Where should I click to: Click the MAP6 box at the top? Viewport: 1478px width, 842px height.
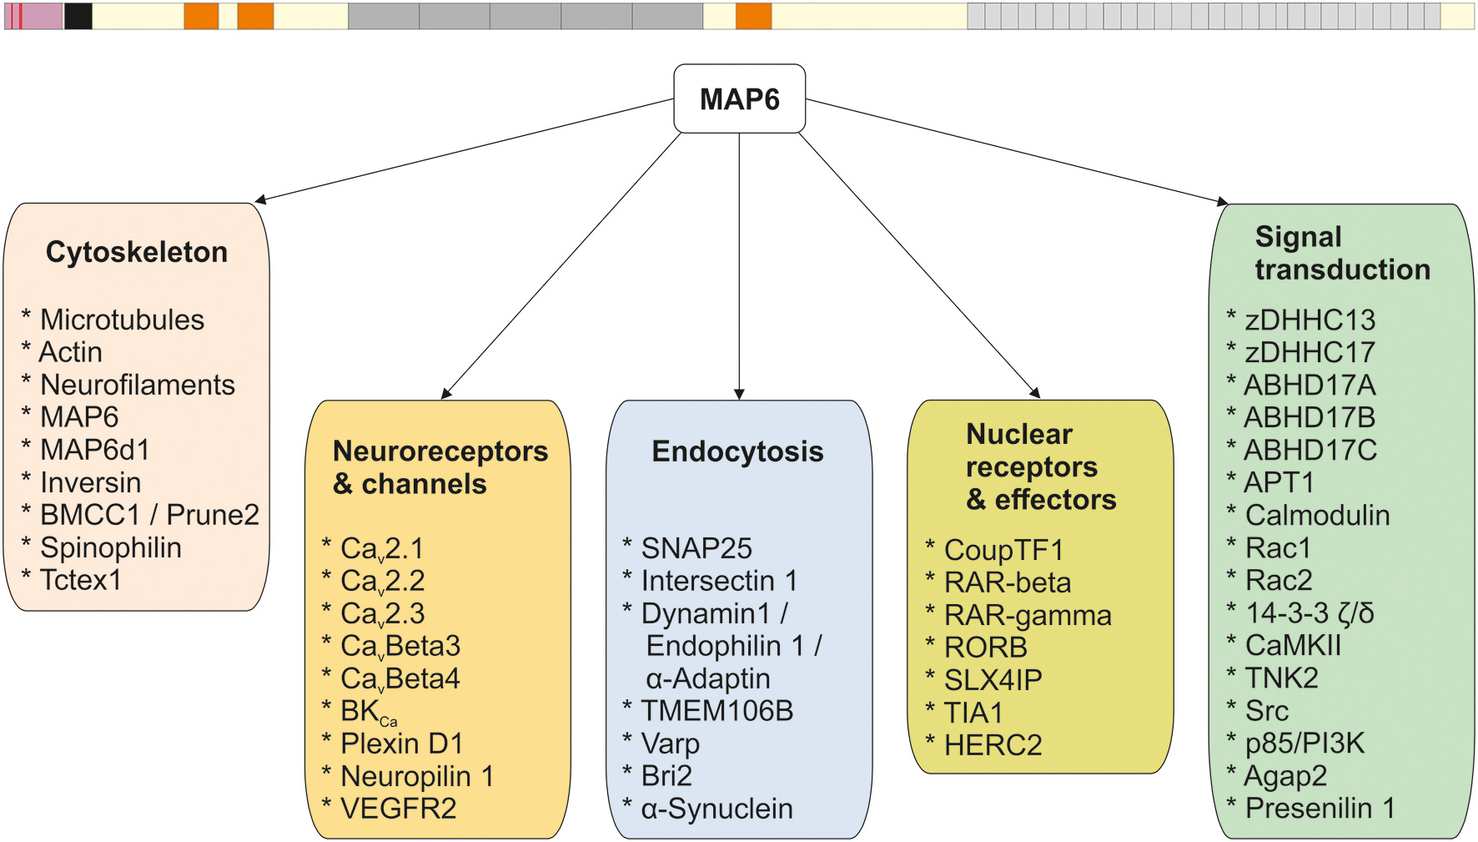tap(739, 99)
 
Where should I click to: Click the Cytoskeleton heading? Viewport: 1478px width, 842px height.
tap(137, 252)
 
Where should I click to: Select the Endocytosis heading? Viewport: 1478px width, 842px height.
tap(737, 451)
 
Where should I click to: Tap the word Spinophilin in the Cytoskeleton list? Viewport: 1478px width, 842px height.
tap(110, 547)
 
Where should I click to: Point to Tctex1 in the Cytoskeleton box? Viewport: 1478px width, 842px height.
tap(81, 580)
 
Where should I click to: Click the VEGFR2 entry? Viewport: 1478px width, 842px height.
tap(398, 809)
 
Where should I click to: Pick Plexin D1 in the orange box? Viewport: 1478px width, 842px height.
tap(401, 744)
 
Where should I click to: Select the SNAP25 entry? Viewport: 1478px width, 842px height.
tap(696, 548)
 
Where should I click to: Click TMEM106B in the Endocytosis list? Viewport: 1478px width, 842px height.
tap(716, 711)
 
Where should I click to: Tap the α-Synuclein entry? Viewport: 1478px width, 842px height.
tap(716, 809)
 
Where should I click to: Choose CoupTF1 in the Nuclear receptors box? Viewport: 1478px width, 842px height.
tap(1003, 550)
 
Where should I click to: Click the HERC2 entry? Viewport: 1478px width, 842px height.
tap(993, 745)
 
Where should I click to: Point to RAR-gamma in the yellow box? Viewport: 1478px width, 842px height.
tap(1028, 615)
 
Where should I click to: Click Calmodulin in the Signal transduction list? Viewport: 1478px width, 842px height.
tap(1317, 515)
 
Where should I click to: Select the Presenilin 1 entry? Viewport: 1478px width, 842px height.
tap(1320, 808)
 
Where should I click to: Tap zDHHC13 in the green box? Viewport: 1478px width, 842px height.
tap(1310, 320)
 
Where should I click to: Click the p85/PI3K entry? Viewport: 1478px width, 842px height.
tap(1305, 743)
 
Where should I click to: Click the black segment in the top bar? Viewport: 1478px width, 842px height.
tap(78, 17)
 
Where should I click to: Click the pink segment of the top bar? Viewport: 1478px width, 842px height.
tap(42, 17)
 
